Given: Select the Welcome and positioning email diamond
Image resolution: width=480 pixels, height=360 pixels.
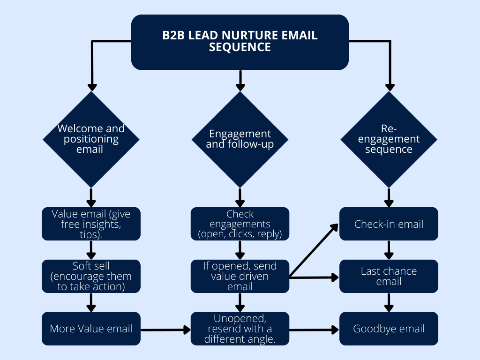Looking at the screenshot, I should click(x=91, y=139).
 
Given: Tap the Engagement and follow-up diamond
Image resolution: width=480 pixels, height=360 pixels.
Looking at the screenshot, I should click(x=240, y=139).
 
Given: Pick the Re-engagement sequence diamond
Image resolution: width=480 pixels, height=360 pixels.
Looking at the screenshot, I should click(x=389, y=139).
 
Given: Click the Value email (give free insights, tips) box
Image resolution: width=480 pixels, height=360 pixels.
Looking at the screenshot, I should click(x=91, y=224).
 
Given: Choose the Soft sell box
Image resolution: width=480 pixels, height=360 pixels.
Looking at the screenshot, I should click(x=91, y=276).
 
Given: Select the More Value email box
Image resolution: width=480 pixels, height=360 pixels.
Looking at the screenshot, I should click(x=91, y=329).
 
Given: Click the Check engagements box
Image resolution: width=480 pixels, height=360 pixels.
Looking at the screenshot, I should click(x=240, y=224).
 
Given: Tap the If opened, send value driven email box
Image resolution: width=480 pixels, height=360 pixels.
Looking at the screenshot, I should click(x=240, y=276).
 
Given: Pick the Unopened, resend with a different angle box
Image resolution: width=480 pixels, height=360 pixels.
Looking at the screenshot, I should click(x=240, y=329).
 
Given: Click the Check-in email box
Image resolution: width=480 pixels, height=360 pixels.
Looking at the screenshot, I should click(x=389, y=224).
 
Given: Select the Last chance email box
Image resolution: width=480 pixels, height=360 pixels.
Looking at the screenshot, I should click(x=389, y=276).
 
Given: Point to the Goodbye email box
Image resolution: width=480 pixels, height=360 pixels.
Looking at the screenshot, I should click(x=389, y=329).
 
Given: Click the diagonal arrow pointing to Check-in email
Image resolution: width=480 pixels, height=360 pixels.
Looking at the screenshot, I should click(x=314, y=250).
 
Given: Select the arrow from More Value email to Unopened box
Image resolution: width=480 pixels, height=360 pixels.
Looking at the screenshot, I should click(x=165, y=330).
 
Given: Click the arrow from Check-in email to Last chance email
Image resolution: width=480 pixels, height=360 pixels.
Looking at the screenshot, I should click(x=389, y=250).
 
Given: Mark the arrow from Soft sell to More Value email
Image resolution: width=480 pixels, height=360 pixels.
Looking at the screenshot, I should click(x=91, y=302).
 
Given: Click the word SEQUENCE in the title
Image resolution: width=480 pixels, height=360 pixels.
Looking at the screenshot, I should click(x=240, y=47).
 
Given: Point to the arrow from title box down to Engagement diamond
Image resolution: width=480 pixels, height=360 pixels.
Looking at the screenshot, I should click(x=240, y=80).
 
